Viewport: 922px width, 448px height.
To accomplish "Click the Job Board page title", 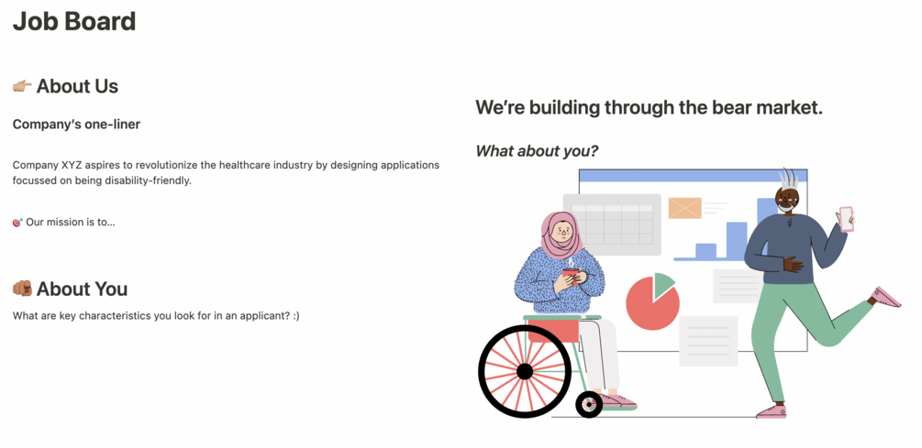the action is (74, 22).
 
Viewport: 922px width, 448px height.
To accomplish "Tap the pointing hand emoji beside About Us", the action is (22, 86).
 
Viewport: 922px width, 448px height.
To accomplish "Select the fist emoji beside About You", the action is (22, 289).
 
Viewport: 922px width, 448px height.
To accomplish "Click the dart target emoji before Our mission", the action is (17, 223).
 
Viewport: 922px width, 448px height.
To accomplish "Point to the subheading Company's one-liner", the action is (76, 125).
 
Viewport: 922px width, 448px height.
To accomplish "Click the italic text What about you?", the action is (537, 151).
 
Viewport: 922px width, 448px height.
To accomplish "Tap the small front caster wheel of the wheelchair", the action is (589, 405).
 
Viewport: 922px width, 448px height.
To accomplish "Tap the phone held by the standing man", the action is (846, 219).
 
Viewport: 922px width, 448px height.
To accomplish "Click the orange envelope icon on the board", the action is (685, 208).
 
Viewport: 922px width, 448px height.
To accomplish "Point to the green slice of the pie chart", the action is (663, 283).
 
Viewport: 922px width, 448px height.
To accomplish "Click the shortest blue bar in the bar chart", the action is (705, 251).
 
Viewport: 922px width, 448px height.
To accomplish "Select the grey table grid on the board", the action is (612, 224).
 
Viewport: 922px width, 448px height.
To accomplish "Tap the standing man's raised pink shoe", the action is (885, 297).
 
